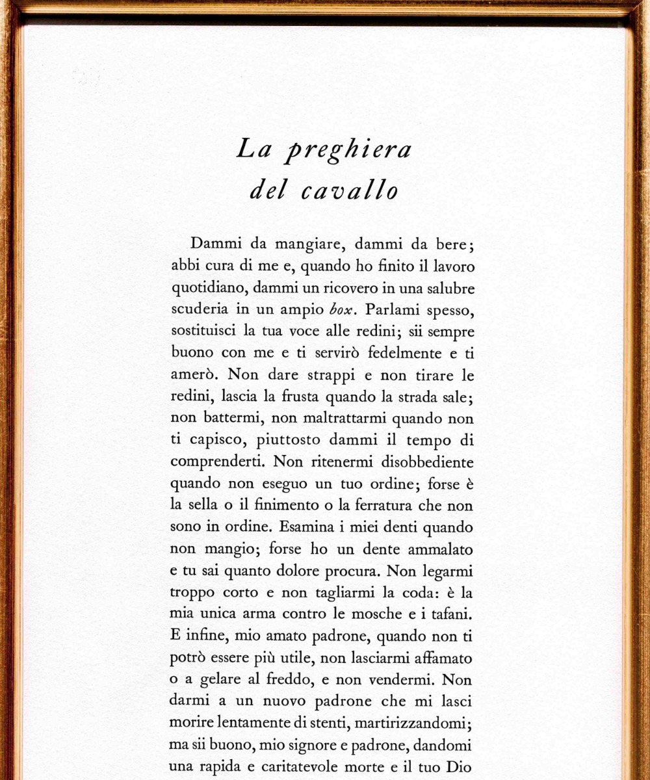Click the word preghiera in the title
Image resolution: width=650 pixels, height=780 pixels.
(x=350, y=151)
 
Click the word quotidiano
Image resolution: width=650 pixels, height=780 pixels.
(x=209, y=288)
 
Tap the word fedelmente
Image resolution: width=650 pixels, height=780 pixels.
(x=397, y=354)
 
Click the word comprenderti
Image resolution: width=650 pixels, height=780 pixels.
(x=217, y=462)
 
